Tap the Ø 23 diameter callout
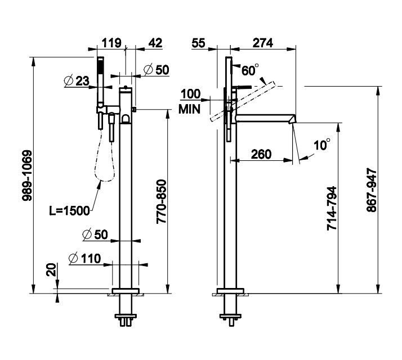click(77, 82)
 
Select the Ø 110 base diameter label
click(84, 259)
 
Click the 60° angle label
click(249, 70)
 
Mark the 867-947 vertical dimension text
click(370, 190)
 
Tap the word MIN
click(190, 110)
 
